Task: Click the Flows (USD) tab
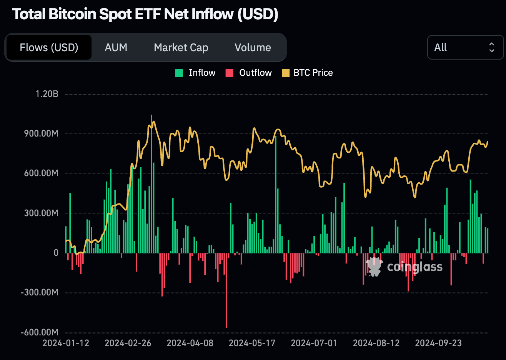(x=49, y=47)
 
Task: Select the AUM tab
(x=116, y=47)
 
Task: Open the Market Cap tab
(x=181, y=47)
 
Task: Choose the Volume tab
(x=253, y=47)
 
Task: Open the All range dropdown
(x=465, y=47)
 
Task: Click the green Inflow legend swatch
(x=179, y=73)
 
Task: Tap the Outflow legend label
(x=255, y=73)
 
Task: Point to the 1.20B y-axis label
(x=47, y=94)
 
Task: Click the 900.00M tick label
(x=41, y=133)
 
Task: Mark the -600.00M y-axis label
(x=40, y=332)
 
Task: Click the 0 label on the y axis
(x=56, y=253)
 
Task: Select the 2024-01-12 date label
(x=66, y=343)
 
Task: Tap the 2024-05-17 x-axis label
(x=252, y=343)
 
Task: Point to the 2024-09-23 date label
(x=438, y=343)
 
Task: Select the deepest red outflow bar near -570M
(x=226, y=290)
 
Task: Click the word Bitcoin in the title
(x=73, y=14)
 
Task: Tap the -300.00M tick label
(x=40, y=292)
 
